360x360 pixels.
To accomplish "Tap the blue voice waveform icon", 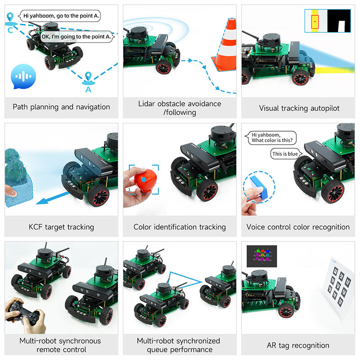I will click(x=21, y=75).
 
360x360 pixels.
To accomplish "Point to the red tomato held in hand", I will click(x=144, y=180).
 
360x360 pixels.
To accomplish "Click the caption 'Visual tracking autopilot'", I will click(x=299, y=108).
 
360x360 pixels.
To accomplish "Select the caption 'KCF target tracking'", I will click(x=61, y=227).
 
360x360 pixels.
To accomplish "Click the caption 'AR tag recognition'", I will click(x=298, y=346).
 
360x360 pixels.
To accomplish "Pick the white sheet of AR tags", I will click(x=337, y=283).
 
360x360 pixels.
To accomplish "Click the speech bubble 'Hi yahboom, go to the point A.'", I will click(x=61, y=15).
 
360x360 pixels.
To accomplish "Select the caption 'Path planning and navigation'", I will click(x=61, y=107).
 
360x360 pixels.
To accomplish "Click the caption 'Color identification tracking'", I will click(x=180, y=227).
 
